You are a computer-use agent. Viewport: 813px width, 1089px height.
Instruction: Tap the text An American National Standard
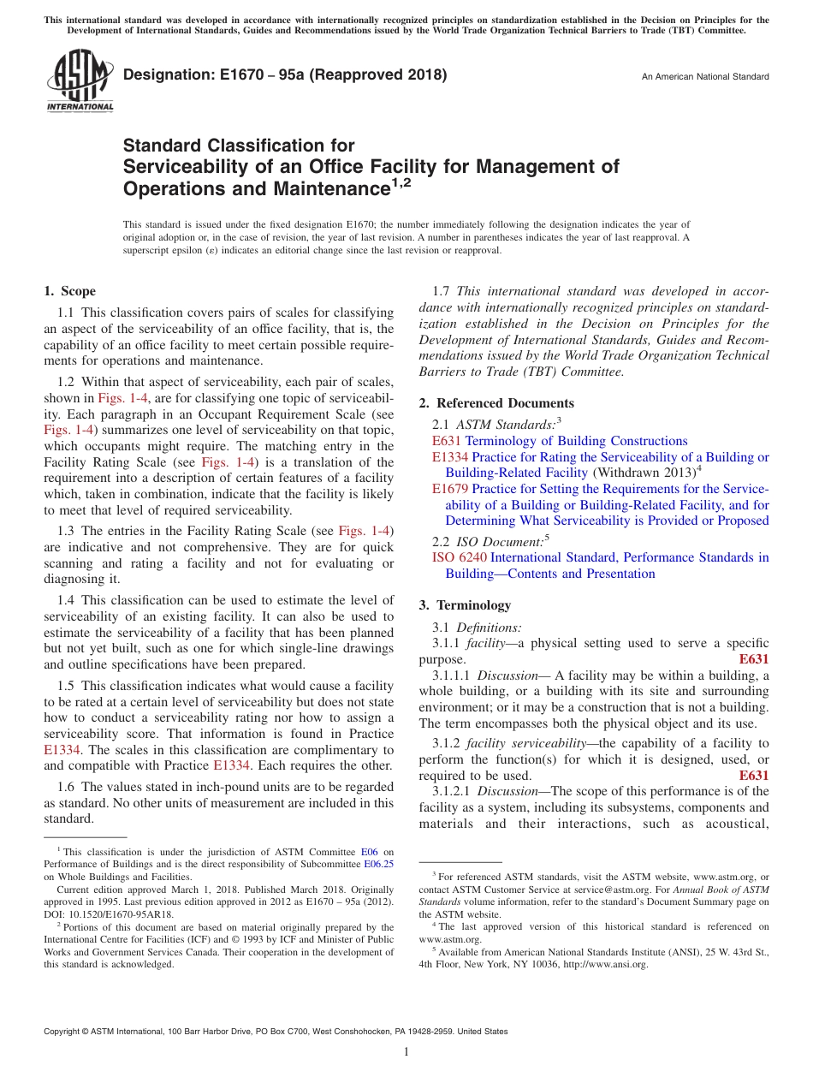coord(705,77)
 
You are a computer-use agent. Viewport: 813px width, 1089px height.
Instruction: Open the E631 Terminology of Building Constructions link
coord(560,441)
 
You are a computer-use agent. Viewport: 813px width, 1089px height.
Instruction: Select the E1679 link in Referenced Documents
coord(450,489)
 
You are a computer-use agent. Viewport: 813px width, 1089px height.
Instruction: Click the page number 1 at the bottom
coord(406,1052)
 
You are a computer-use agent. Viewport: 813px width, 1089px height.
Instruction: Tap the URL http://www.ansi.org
coord(605,964)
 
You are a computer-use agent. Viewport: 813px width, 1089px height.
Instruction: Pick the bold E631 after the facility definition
coord(753,659)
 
